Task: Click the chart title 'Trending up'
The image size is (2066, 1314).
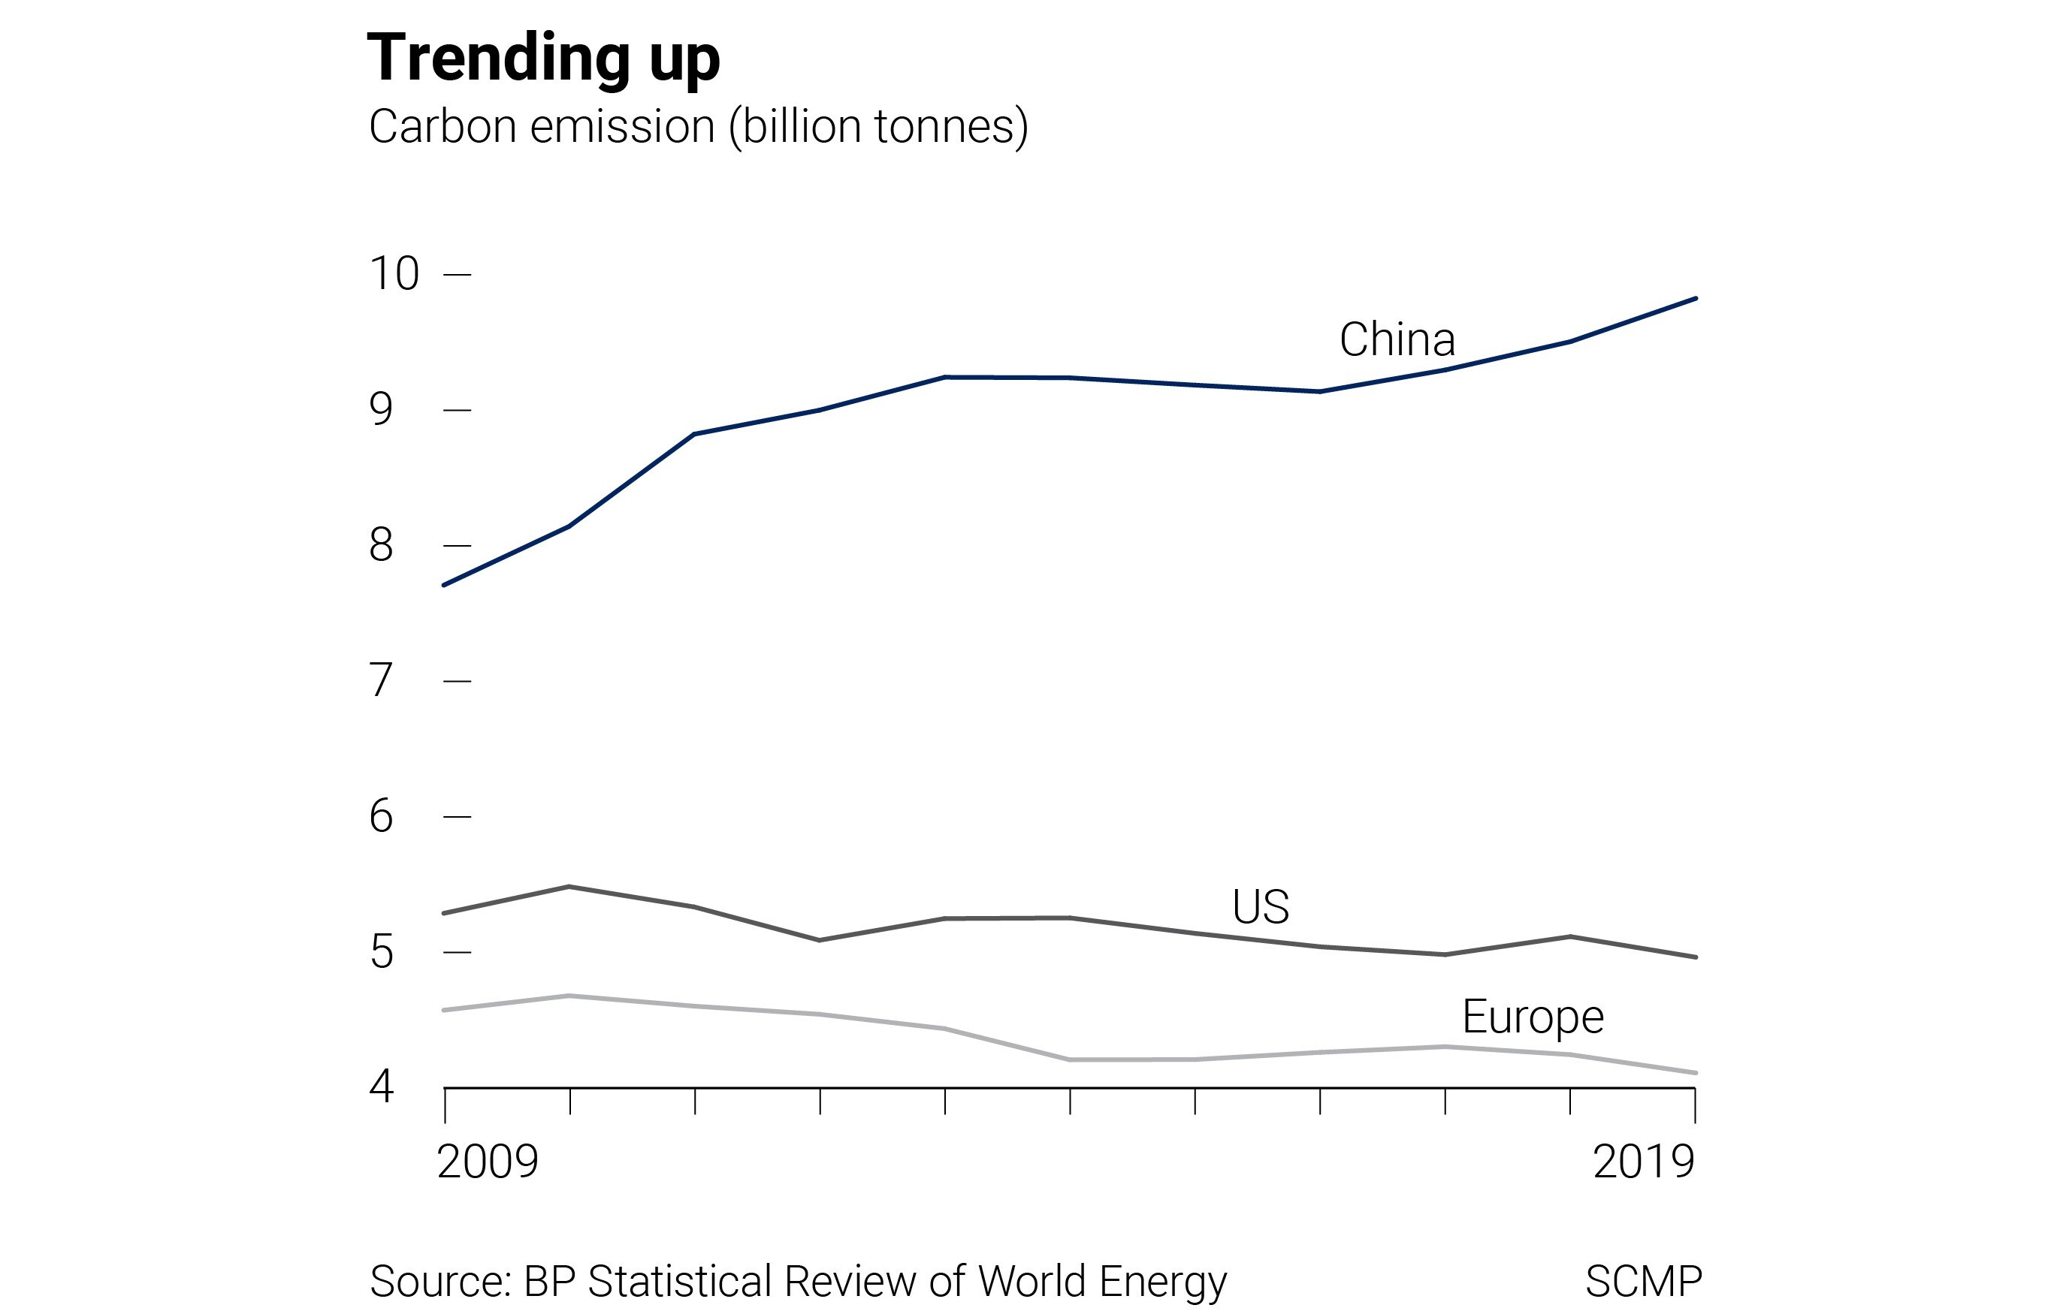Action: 542,59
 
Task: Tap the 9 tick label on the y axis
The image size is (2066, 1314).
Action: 381,409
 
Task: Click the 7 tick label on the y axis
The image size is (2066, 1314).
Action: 381,680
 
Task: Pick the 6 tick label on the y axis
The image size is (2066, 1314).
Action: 381,815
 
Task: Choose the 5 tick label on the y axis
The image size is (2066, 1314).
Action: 381,952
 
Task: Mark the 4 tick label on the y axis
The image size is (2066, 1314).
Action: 381,1086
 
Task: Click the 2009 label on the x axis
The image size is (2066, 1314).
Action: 488,1162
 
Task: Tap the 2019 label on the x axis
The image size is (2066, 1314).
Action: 1643,1162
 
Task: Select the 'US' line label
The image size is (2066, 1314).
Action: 1261,906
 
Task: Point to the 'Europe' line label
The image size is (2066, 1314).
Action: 1533,1017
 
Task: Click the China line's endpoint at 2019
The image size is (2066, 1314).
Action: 1695,299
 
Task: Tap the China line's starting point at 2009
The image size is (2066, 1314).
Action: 445,585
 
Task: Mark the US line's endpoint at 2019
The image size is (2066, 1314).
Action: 1695,957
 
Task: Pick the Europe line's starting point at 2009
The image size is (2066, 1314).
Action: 445,1011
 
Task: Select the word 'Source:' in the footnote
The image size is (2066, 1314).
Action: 440,1282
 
